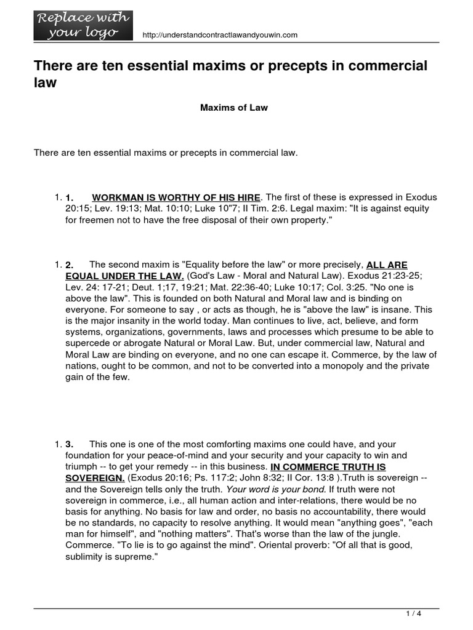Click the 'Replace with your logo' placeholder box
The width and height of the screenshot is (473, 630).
coord(83,25)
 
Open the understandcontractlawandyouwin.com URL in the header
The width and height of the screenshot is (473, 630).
coord(219,35)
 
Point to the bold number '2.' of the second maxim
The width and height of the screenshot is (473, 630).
coord(70,265)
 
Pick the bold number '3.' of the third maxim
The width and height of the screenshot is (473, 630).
coord(70,444)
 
